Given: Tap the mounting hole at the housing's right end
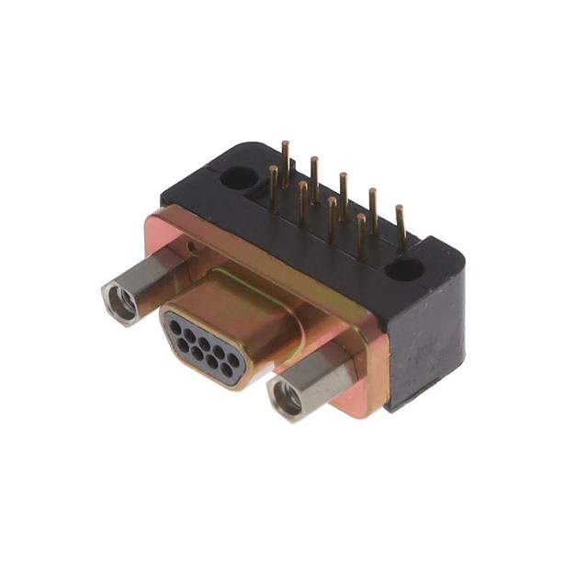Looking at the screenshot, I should [x=403, y=269].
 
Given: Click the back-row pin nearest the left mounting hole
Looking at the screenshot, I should [x=286, y=156].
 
